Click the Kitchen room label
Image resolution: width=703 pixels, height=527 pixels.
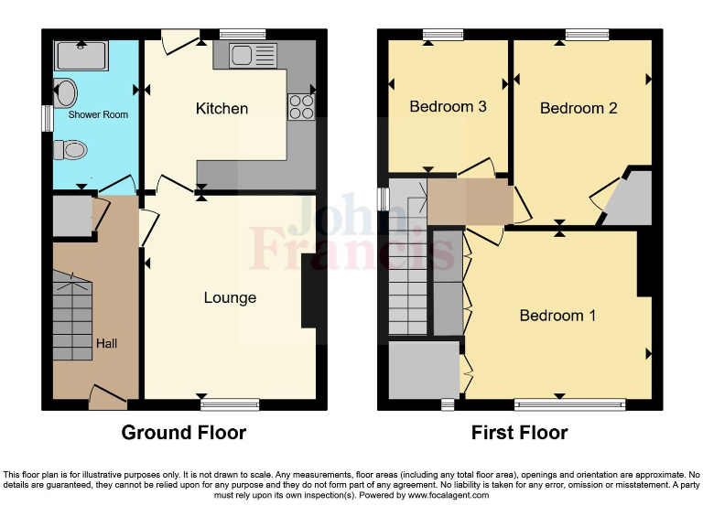pyautogui.click(x=222, y=109)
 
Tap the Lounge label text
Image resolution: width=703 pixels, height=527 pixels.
pyautogui.click(x=230, y=297)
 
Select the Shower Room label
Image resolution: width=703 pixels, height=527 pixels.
pyautogui.click(x=98, y=115)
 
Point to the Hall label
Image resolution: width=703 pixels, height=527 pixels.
pyautogui.click(x=106, y=344)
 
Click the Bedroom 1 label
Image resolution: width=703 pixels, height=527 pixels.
pyautogui.click(x=557, y=316)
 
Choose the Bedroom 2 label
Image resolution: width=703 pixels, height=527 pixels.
pyautogui.click(x=579, y=108)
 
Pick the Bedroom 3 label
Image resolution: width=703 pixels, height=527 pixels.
pyautogui.click(x=448, y=107)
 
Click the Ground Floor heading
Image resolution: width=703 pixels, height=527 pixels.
pyautogui.click(x=184, y=433)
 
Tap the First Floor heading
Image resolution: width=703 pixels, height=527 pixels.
pyautogui.click(x=519, y=433)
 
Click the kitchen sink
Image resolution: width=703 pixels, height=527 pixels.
pyautogui.click(x=243, y=56)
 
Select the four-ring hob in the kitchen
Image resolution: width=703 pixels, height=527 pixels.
pyautogui.click(x=300, y=107)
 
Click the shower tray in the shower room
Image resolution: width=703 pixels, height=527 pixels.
pyautogui.click(x=82, y=57)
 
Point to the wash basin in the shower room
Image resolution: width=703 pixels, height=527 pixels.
pyautogui.click(x=65, y=92)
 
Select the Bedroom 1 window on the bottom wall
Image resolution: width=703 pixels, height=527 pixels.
pyautogui.click(x=570, y=403)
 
